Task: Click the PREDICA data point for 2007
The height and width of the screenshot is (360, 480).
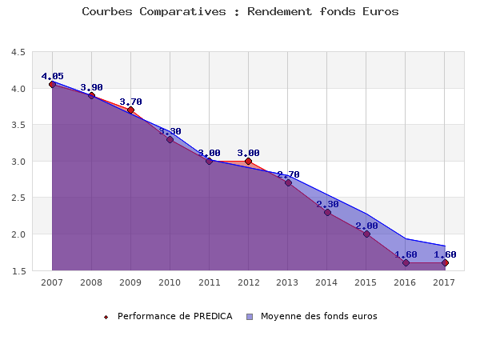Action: click(52, 84)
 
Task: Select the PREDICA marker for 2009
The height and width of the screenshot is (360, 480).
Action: click(130, 110)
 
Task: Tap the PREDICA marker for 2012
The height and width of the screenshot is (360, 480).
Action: click(248, 161)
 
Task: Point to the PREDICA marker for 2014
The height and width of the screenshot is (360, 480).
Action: click(327, 212)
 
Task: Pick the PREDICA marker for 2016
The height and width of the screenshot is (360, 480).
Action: click(406, 262)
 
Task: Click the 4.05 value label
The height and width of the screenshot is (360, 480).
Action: click(52, 76)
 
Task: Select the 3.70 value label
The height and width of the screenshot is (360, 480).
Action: click(130, 102)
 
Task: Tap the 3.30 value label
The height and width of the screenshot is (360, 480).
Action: click(170, 131)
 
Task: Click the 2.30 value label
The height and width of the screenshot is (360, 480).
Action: click(327, 204)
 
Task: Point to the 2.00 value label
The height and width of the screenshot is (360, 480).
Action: click(366, 226)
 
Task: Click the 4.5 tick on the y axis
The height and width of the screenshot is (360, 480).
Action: click(17, 53)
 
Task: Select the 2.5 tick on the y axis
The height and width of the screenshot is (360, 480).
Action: click(17, 198)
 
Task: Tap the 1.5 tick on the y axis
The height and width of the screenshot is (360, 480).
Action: click(17, 271)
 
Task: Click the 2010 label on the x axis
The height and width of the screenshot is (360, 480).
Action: click(170, 282)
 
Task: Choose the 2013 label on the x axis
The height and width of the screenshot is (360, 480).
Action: click(288, 282)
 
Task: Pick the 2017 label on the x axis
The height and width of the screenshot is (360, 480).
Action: click(445, 282)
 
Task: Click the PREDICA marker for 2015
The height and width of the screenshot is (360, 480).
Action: click(366, 234)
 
